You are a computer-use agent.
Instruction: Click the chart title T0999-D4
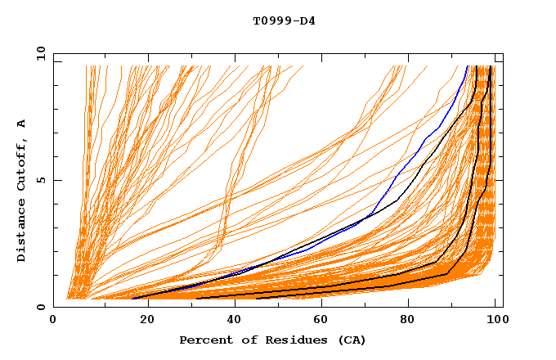284,20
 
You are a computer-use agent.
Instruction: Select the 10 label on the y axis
38,53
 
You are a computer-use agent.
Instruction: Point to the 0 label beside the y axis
40,307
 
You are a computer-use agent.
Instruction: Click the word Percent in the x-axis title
205,340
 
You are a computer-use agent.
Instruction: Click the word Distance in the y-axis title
21,233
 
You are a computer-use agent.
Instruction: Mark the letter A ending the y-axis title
21,124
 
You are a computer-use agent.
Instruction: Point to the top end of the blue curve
467,66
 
